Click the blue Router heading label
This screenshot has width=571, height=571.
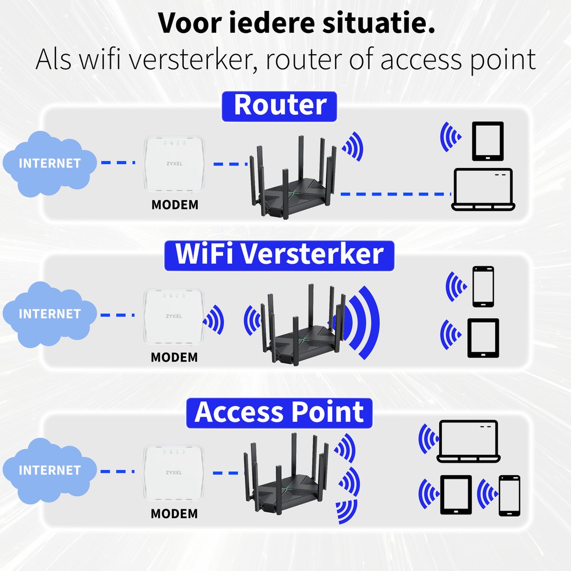[279, 106]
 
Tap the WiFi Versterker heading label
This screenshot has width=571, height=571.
[279, 255]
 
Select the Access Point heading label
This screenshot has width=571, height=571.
[279, 413]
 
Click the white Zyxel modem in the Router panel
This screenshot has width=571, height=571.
[174, 164]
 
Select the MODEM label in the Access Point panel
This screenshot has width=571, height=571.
[174, 514]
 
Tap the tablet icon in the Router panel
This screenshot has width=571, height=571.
[487, 141]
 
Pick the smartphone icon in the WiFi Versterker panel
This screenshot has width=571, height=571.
[483, 286]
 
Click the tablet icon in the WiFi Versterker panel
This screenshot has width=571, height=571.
[483, 338]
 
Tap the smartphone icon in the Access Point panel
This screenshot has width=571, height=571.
[509, 495]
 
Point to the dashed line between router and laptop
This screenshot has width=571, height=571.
[395, 194]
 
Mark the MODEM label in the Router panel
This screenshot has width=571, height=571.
[175, 205]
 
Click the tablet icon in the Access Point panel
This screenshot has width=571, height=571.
[456, 495]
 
